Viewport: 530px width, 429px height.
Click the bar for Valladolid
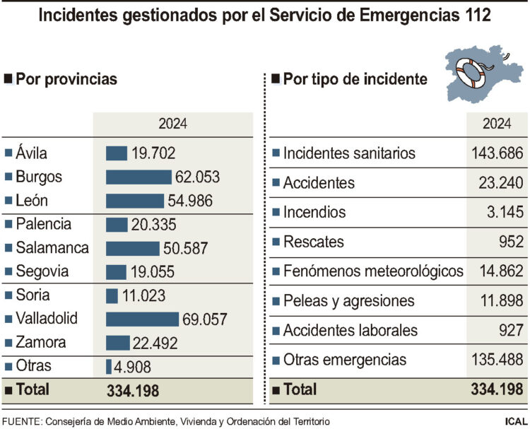tap(142, 319)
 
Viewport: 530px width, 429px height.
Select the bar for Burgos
tap(139, 177)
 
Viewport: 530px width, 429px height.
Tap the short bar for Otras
tap(109, 367)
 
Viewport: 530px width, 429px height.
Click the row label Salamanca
tap(52, 248)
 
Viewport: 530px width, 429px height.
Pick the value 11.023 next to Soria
tap(143, 295)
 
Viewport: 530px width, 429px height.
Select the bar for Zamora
tap(118, 343)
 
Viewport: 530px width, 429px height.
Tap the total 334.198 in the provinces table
tap(133, 390)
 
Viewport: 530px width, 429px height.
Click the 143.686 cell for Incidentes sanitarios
tap(496, 153)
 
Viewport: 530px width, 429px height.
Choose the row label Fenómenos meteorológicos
tap(373, 271)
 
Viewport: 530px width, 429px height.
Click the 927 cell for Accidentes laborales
tap(510, 330)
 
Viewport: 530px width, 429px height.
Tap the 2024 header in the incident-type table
tap(496, 124)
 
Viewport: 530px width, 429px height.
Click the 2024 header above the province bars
tap(172, 124)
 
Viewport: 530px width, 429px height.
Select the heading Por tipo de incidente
tap(355, 79)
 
